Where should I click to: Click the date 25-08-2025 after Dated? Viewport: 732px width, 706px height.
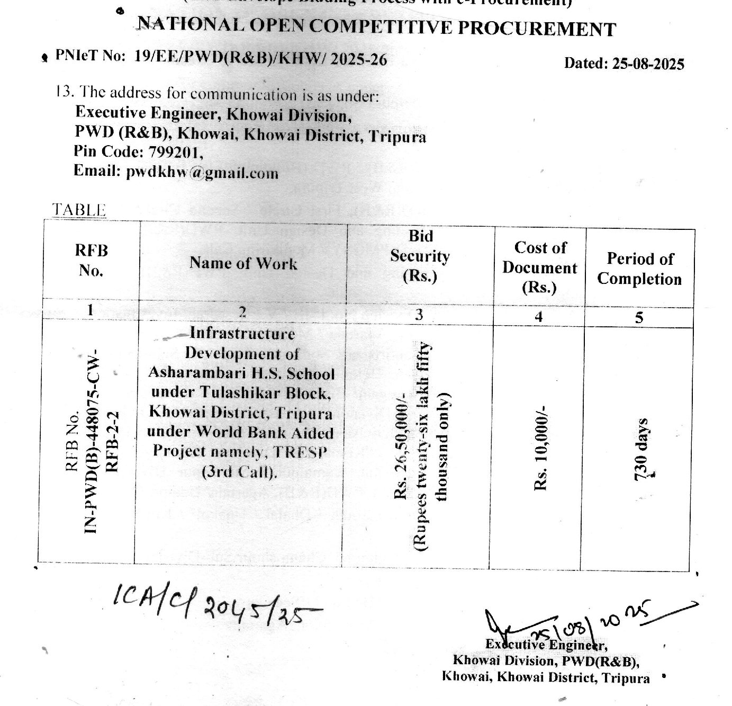click(x=648, y=64)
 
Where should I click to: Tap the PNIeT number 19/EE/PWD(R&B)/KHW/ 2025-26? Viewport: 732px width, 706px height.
click(x=260, y=58)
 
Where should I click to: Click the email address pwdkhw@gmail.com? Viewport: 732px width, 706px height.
click(x=202, y=173)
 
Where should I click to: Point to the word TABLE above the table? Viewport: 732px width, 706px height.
click(x=79, y=210)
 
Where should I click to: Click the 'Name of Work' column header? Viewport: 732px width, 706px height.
click(x=243, y=263)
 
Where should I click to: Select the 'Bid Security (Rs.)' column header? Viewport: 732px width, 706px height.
click(x=420, y=256)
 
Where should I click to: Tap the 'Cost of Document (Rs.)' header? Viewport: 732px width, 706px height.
click(x=539, y=267)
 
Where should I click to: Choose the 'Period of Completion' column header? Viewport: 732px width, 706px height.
click(x=639, y=269)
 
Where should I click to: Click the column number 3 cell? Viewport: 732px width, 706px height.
click(x=419, y=315)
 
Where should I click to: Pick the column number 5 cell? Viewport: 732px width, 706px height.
click(x=639, y=318)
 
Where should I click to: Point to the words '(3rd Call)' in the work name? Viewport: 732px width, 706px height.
click(x=240, y=471)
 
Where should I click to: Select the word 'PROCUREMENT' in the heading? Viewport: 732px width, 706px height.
click(x=536, y=29)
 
